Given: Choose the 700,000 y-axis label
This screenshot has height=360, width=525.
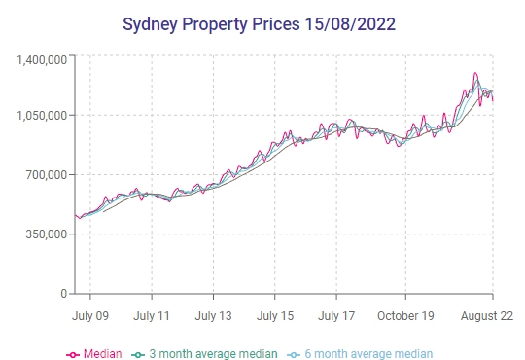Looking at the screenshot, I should tap(48, 175).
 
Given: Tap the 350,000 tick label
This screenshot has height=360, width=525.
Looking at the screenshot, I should tap(48, 234).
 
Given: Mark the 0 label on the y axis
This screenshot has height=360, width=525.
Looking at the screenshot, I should tap(63, 293).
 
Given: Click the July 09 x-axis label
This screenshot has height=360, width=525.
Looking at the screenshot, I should tap(90, 316).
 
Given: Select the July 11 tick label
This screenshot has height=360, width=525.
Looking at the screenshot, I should tap(152, 316).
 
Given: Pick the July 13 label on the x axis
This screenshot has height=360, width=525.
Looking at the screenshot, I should tap(213, 316).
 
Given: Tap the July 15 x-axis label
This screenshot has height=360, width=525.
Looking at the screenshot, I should tap(275, 316).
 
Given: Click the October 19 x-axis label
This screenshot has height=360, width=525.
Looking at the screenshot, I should tap(405, 316).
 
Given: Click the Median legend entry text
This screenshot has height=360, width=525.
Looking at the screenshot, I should tap(103, 354).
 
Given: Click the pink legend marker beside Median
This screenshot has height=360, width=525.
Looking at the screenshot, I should tap(73, 354).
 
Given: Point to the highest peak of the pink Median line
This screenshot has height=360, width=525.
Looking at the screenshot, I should tap(475, 73).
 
